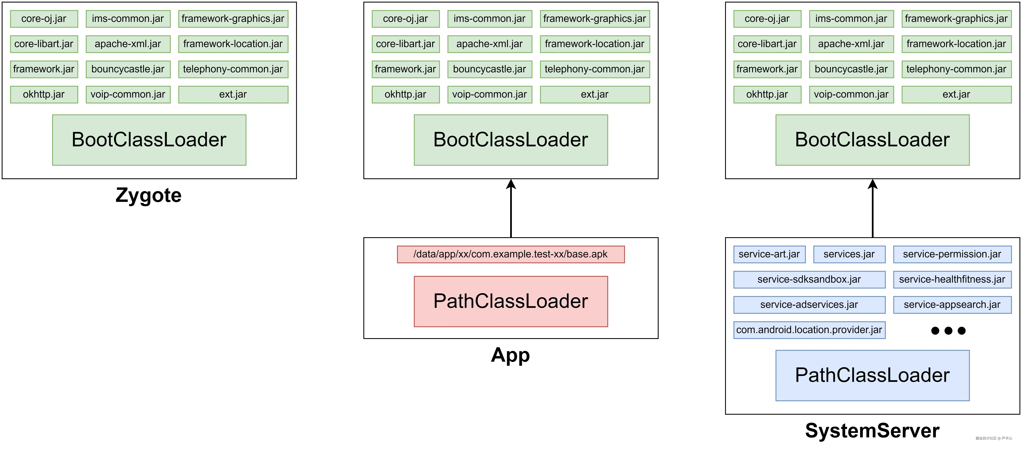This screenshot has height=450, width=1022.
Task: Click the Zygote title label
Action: tap(148, 195)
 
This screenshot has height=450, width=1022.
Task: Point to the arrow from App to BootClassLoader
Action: tap(511, 208)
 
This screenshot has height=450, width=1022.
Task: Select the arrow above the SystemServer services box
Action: tap(872, 208)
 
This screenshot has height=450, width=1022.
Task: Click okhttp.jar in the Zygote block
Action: tap(44, 94)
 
